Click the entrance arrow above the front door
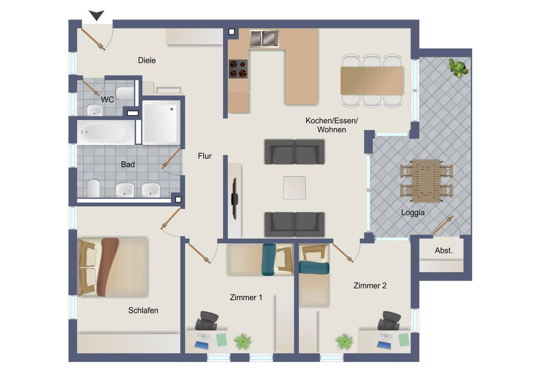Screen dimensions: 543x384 pyautogui.click(x=97, y=15)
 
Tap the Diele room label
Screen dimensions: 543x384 pyautogui.click(x=147, y=60)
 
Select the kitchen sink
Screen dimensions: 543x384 pyautogui.click(x=264, y=38)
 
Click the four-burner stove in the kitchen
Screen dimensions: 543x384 pyautogui.click(x=238, y=69)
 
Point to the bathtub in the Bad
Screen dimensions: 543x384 pyautogui.click(x=106, y=132)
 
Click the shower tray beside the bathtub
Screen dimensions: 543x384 pyautogui.click(x=161, y=123)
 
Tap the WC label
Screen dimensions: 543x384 pyautogui.click(x=107, y=99)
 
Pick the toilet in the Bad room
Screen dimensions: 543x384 pyautogui.click(x=94, y=188)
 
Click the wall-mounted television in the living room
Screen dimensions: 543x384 pyautogui.click(x=234, y=199)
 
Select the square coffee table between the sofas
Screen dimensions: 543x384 pyautogui.click(x=294, y=188)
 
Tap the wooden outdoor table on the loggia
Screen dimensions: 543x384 pyautogui.click(x=426, y=181)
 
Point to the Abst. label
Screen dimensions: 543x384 pyautogui.click(x=443, y=250)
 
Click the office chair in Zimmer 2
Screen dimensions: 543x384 pyautogui.click(x=389, y=321)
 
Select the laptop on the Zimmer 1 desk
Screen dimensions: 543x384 pyautogui.click(x=202, y=341)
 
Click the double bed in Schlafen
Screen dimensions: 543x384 pyautogui.click(x=113, y=267)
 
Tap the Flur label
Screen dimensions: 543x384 pyautogui.click(x=205, y=156)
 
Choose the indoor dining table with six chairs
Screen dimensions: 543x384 pyautogui.click(x=372, y=81)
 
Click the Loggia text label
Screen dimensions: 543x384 pyautogui.click(x=413, y=213)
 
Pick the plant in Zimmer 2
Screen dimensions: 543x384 pyautogui.click(x=344, y=342)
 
